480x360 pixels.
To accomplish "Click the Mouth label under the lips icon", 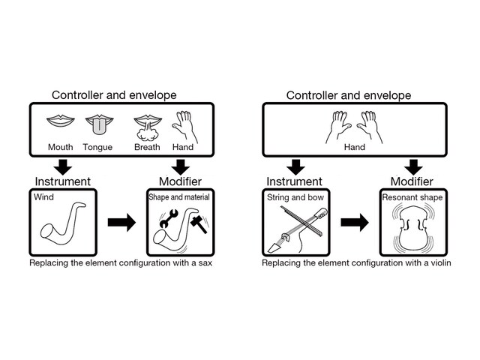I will (60, 147).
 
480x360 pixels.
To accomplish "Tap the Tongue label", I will (97, 147).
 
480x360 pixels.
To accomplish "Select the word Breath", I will (147, 147).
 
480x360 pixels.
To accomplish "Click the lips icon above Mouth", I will (60, 120).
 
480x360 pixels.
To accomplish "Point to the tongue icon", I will (97, 124).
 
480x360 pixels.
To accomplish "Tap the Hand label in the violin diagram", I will (355, 147).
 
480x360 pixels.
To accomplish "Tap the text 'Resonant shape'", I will (412, 198).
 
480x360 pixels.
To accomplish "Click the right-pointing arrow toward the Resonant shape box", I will (355, 222).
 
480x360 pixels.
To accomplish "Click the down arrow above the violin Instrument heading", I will (295, 166).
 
